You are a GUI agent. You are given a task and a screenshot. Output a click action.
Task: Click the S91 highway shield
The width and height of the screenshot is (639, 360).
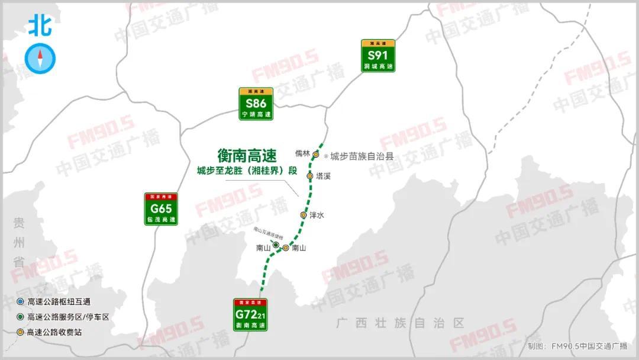pyautogui.click(x=378, y=56)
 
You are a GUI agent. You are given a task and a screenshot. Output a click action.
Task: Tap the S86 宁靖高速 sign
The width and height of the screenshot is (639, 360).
pyautogui.click(x=256, y=104)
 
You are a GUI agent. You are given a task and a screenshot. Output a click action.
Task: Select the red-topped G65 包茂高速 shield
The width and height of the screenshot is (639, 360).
pyautogui.click(x=161, y=209)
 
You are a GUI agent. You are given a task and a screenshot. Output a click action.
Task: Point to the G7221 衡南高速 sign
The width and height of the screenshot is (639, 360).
pyautogui.click(x=250, y=314)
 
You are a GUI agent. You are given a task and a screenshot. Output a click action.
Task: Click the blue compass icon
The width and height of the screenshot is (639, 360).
pyautogui.click(x=40, y=59)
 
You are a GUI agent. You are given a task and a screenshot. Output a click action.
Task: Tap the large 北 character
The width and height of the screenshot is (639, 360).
pyautogui.click(x=40, y=25)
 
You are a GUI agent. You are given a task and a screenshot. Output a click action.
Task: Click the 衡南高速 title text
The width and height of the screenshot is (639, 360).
pyautogui.click(x=247, y=156)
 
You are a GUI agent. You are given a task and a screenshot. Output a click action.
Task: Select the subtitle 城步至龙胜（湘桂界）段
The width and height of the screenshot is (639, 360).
pyautogui.click(x=247, y=171)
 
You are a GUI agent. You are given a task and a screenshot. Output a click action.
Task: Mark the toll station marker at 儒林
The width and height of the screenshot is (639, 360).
pyautogui.click(x=316, y=155)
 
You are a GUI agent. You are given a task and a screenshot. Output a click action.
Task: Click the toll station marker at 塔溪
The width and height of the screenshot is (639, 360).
pyautogui.click(x=309, y=176)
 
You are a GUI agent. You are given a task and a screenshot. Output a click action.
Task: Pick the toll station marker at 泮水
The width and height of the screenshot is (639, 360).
pyautogui.click(x=304, y=215)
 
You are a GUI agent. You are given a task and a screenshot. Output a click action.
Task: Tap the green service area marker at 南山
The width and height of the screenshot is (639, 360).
pyautogui.click(x=276, y=245)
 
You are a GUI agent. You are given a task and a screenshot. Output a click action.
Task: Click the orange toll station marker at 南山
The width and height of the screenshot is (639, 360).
pyautogui.click(x=286, y=248)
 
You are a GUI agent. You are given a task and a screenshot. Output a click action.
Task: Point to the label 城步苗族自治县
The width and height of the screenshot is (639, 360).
pyautogui.click(x=362, y=156)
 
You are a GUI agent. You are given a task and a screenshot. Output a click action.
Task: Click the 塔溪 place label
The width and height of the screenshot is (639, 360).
pyautogui.click(x=323, y=176)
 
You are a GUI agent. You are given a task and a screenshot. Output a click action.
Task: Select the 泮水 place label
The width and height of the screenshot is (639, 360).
pyautogui.click(x=317, y=216)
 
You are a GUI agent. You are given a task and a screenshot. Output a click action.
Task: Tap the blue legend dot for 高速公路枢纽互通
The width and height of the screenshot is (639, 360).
pyautogui.click(x=21, y=302)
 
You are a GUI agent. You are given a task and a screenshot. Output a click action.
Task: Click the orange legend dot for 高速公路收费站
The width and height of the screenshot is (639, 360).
pyautogui.click(x=21, y=332)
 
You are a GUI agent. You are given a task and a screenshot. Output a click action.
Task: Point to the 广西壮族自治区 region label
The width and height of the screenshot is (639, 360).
pyautogui.click(x=400, y=323)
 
